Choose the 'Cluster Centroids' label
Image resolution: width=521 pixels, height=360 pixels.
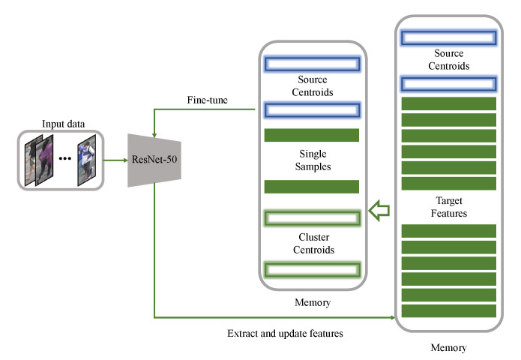click(311, 244)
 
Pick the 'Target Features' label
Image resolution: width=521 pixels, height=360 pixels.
click(449, 208)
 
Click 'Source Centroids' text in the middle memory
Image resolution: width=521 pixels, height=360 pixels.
click(311, 85)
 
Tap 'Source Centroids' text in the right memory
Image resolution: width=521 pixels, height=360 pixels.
click(449, 60)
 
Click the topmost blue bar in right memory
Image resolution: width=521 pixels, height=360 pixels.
click(449, 37)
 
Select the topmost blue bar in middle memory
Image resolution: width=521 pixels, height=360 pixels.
click(311, 63)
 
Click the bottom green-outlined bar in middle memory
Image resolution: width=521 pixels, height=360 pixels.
click(311, 268)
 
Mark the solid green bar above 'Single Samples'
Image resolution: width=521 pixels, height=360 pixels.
click(311, 136)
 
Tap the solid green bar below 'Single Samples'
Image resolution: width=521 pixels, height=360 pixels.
click(311, 187)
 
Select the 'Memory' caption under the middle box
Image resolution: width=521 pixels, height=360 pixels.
click(311, 302)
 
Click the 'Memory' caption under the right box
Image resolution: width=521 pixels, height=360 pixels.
click(449, 348)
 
